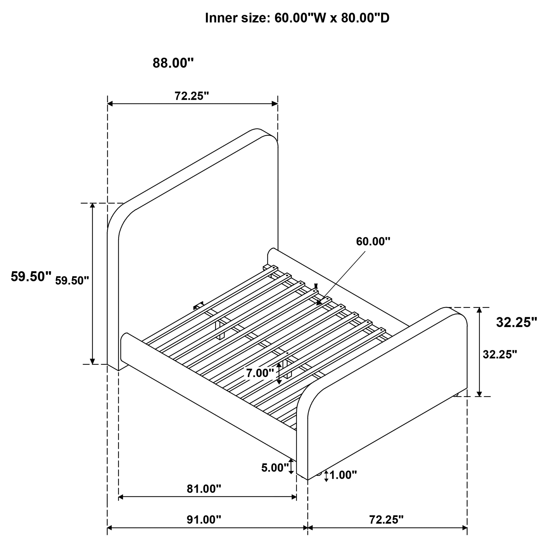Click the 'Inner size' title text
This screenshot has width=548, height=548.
pyautogui.click(x=297, y=18)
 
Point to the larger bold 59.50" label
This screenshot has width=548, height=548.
pyautogui.click(x=31, y=277)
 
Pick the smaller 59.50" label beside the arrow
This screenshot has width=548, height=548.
pyautogui.click(x=72, y=281)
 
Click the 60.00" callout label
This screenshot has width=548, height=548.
pyautogui.click(x=373, y=241)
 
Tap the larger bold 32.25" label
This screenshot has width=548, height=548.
pyautogui.click(x=516, y=322)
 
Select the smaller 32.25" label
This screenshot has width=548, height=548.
pyautogui.click(x=500, y=354)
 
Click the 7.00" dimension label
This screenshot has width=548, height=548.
pyautogui.click(x=260, y=373)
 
